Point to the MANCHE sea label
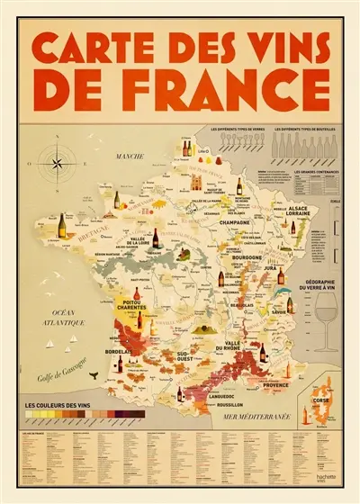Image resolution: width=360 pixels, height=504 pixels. pos(130,157)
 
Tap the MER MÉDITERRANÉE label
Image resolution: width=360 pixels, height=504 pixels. pos(266,418)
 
